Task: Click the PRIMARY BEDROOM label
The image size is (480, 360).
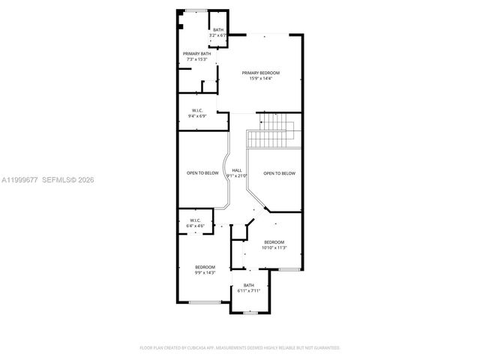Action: (x=260, y=73)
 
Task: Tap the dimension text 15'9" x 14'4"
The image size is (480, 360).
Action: (x=260, y=79)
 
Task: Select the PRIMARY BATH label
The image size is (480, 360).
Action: (x=196, y=53)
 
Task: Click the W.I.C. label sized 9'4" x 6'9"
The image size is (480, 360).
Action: (x=199, y=110)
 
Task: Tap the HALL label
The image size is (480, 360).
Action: (x=237, y=171)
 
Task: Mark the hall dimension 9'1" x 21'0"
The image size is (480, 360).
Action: (x=237, y=177)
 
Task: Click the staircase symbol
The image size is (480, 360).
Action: (x=274, y=131)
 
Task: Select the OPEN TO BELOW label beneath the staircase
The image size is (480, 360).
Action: (x=279, y=173)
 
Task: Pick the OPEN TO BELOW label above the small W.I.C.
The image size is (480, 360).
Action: (x=202, y=173)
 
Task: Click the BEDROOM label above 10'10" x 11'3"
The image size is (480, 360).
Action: (x=274, y=241)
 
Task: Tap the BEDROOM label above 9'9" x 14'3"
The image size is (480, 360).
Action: (x=205, y=267)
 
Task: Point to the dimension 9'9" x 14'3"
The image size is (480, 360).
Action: (x=205, y=273)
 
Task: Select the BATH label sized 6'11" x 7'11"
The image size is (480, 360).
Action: (x=248, y=285)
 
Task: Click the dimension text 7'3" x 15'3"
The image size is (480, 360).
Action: (x=196, y=59)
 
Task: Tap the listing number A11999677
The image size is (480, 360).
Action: (x=19, y=180)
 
